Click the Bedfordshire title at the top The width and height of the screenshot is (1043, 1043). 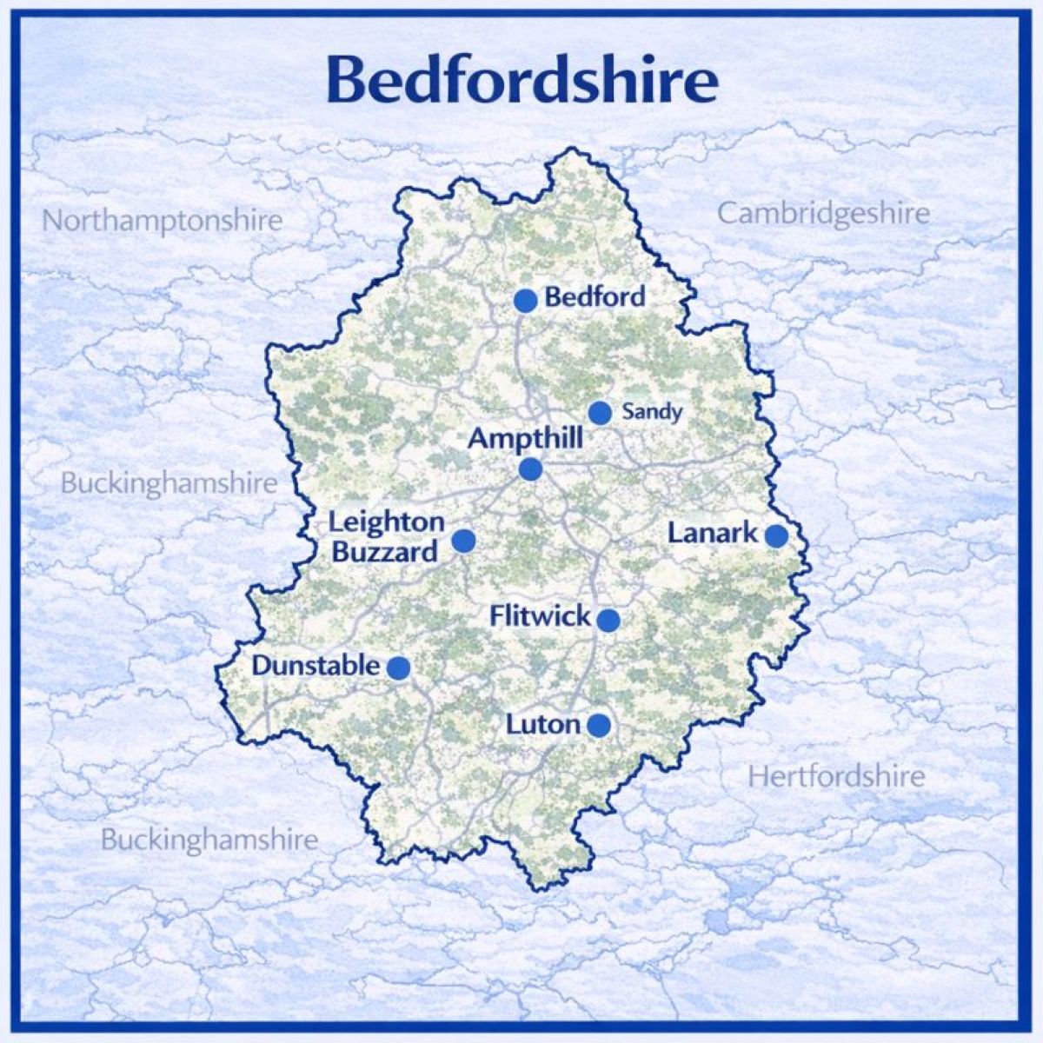[521, 80]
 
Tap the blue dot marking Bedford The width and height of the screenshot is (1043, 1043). [525, 301]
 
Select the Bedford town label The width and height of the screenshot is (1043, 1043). [595, 297]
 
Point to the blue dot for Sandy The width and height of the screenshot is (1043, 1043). [600, 413]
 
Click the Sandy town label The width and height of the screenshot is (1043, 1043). [652, 412]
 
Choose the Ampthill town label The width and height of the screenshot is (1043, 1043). [525, 438]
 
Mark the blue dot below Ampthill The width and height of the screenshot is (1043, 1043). [530, 470]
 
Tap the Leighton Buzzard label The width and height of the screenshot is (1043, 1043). [387, 537]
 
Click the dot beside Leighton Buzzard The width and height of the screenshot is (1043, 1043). [464, 541]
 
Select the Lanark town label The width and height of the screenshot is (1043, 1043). [713, 533]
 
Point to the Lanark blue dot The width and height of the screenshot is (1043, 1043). [776, 536]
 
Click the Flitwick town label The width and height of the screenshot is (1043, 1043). [540, 617]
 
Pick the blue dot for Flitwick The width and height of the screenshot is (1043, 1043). [608, 621]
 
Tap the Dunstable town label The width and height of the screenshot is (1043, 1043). [316, 667]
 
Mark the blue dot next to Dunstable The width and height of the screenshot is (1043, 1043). [398, 668]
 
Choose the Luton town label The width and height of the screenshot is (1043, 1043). [542, 724]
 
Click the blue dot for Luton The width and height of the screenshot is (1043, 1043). [598, 725]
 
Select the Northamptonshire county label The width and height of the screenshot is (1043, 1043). [163, 221]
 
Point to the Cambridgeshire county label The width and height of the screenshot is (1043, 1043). [823, 214]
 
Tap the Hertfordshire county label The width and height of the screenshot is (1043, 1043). [836, 776]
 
